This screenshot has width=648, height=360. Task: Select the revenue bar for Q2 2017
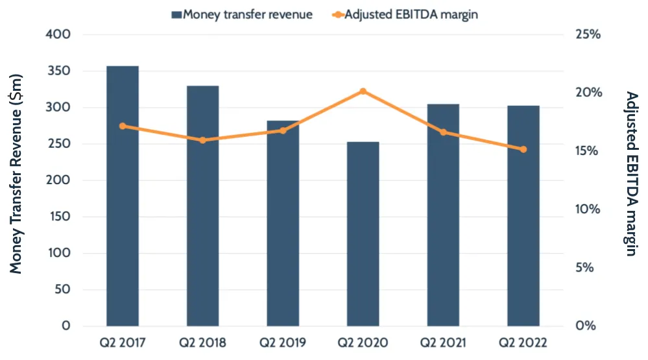click(123, 195)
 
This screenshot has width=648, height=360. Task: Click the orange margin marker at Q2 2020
click(363, 91)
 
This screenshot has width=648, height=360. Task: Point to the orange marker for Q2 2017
click(123, 126)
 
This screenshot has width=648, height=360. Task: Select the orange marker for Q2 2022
click(523, 149)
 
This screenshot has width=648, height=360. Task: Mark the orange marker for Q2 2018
click(203, 140)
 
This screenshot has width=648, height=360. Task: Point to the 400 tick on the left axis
click(57, 34)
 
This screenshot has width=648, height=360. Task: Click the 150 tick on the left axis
click(58, 217)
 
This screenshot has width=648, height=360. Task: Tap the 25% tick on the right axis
click(588, 34)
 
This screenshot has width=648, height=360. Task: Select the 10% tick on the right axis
click(588, 210)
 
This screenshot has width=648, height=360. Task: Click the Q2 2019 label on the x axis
click(283, 342)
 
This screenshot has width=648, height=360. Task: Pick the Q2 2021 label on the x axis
click(443, 342)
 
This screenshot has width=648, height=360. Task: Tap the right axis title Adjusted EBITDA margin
click(630, 174)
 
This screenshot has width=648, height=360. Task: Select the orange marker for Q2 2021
click(443, 132)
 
